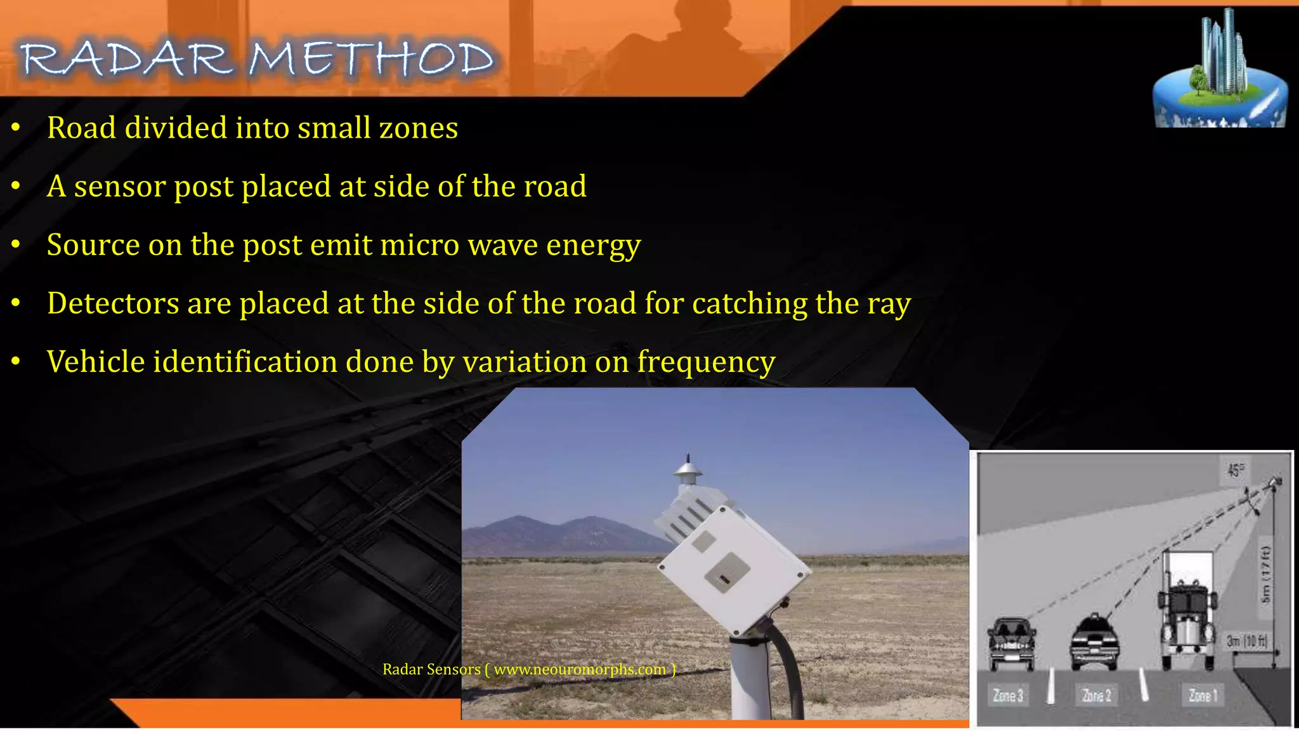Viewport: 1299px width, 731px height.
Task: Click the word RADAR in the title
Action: (x=127, y=60)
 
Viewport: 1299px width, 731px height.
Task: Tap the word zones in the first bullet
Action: (x=418, y=128)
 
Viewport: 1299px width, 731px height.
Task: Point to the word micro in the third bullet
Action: (x=419, y=245)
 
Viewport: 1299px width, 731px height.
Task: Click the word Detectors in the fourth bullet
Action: (x=113, y=303)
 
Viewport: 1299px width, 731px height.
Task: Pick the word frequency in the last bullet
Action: (x=706, y=363)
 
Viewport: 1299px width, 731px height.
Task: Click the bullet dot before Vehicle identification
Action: (x=16, y=361)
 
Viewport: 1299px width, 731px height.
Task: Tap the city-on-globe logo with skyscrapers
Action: (x=1219, y=73)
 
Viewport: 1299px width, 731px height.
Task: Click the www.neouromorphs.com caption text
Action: (x=579, y=669)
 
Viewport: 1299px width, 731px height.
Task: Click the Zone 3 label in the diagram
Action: (x=1008, y=695)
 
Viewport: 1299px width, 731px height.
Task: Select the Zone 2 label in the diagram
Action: (x=1096, y=695)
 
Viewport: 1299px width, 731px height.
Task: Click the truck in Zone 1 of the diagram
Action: (x=1187, y=609)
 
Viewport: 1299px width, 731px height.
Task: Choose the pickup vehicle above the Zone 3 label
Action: (x=1011, y=642)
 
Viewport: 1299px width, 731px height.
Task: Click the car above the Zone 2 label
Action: (x=1094, y=642)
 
